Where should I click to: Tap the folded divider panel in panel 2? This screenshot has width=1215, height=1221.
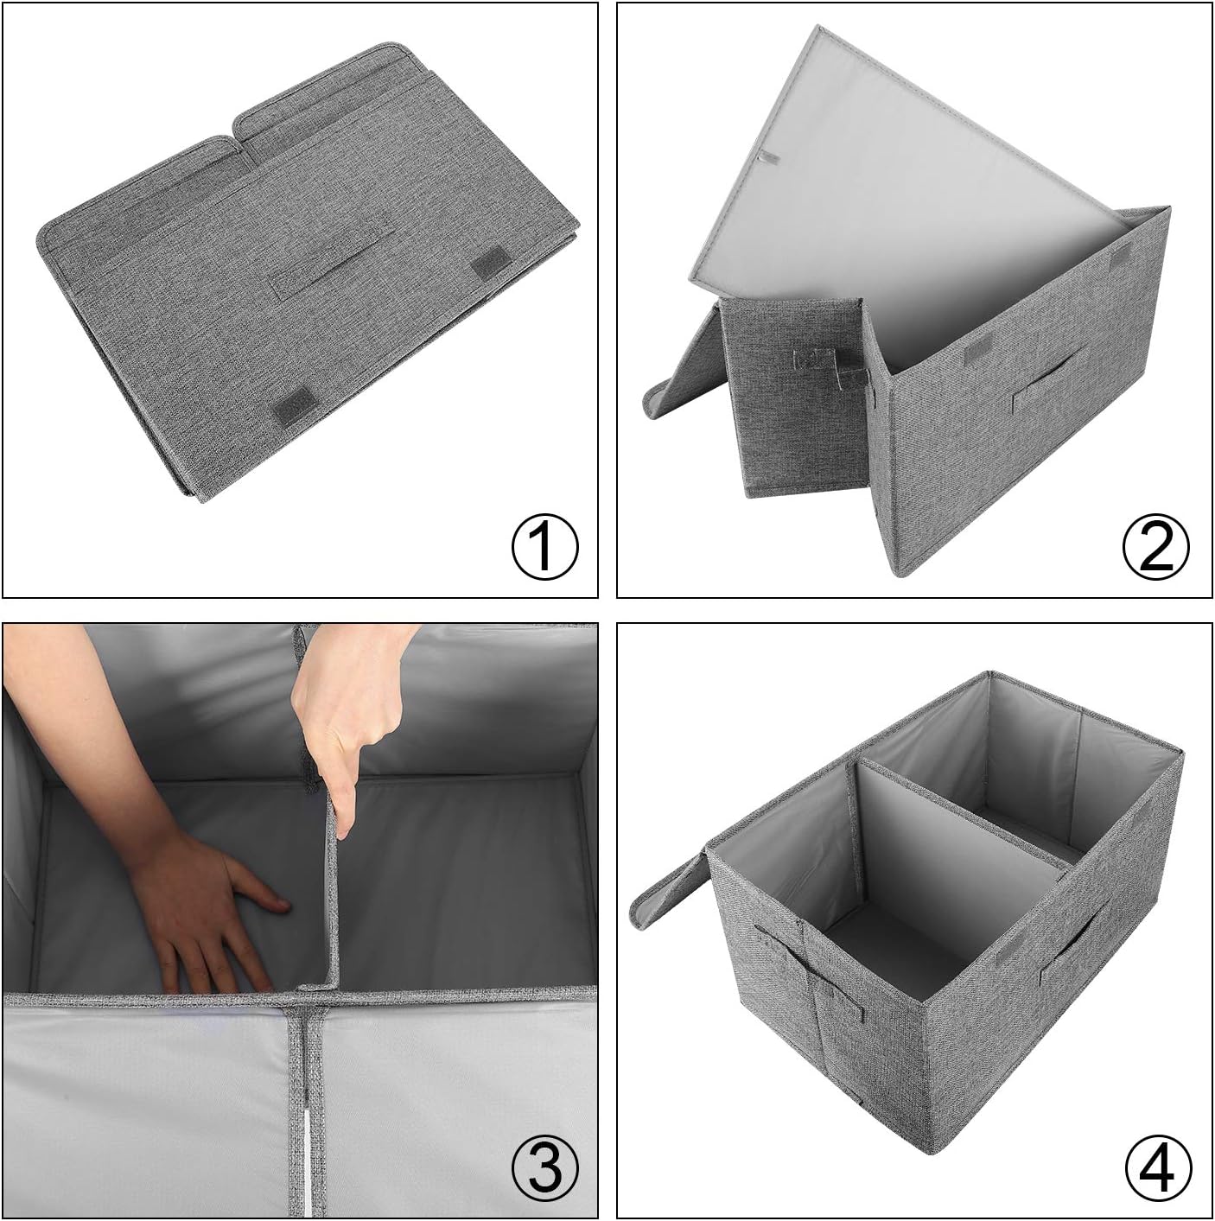pyautogui.click(x=795, y=397)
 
